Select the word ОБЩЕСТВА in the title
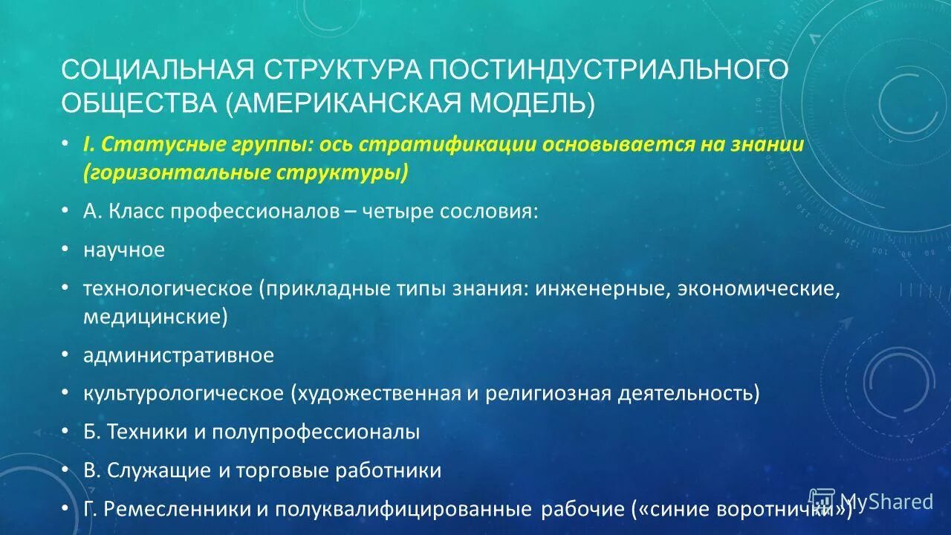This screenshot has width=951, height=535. [x=138, y=103]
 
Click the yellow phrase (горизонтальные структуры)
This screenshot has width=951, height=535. [x=246, y=172]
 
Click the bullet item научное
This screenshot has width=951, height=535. [x=124, y=250]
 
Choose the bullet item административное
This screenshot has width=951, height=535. [x=178, y=356]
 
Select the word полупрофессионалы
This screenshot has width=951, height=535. [x=316, y=432]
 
